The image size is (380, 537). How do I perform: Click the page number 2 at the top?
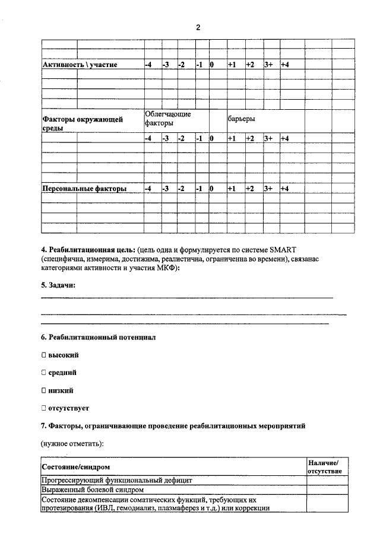pyautogui.click(x=198, y=28)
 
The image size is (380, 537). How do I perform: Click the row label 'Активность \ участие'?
pyautogui.click(x=80, y=64)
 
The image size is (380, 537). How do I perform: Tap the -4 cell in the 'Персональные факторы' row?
pyautogui.click(x=150, y=189)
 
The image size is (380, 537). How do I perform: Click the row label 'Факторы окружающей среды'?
pyautogui.click(x=82, y=124)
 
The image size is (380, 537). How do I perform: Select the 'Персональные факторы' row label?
pyautogui.click(x=84, y=189)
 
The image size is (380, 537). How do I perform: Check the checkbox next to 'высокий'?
pyautogui.click(x=43, y=355)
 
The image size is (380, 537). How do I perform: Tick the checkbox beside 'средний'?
pyautogui.click(x=43, y=373)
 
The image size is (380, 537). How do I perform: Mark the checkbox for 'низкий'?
pyautogui.click(x=43, y=390)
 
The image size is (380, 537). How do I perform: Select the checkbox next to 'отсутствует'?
pyautogui.click(x=43, y=408)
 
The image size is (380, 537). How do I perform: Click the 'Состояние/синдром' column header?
pyautogui.click(x=76, y=468)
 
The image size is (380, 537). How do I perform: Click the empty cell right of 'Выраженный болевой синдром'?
pyautogui.click(x=327, y=490)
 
